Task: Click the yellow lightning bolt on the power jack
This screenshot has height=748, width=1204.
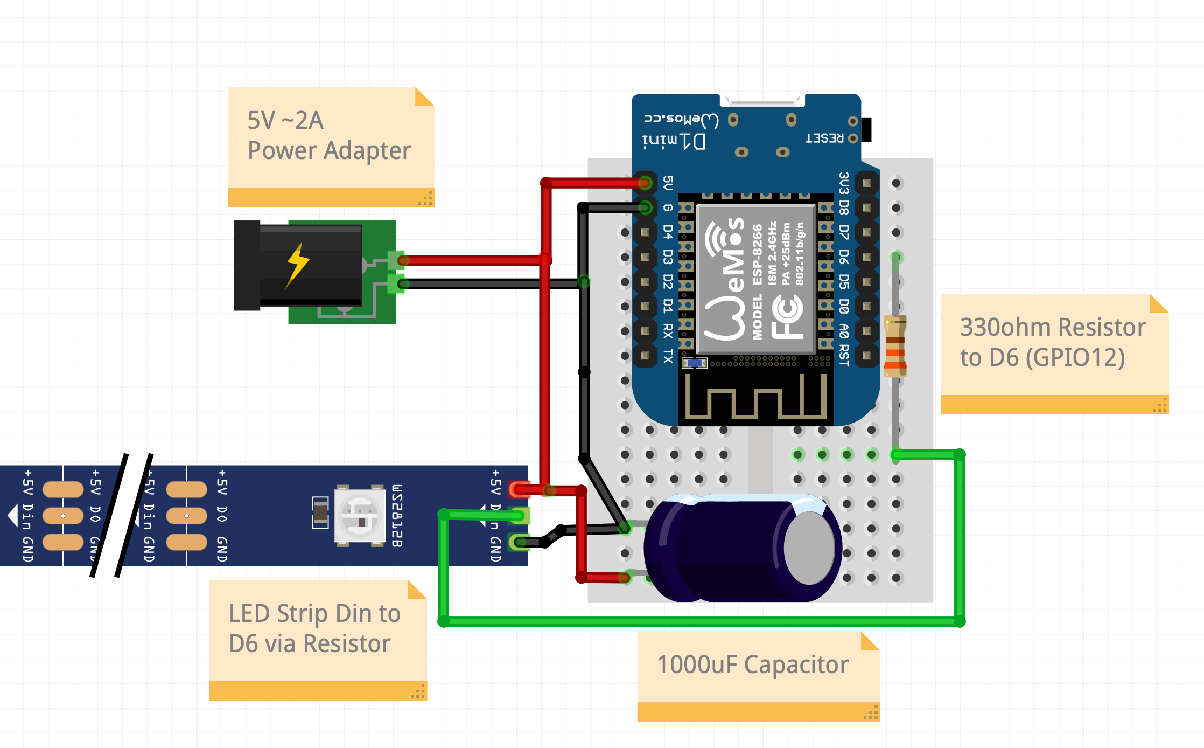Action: pos(297,264)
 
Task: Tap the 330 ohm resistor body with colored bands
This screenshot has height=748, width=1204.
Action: pos(895,345)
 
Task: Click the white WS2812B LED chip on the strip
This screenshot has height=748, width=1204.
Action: pos(359,516)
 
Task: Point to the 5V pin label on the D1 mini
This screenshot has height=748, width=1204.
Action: pos(668,183)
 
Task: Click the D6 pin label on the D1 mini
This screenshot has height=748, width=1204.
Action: pos(844,257)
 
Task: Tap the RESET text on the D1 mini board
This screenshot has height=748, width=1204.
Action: pos(824,138)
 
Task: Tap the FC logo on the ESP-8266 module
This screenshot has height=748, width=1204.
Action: pos(787,318)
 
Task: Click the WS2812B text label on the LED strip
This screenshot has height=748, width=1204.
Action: pos(397,516)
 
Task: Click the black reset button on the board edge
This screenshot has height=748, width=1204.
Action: pos(866,130)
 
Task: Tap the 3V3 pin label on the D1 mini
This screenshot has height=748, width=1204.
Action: pos(844,183)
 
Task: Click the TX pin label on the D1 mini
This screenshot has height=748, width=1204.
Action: pos(668,356)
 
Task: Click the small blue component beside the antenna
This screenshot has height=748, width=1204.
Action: pos(694,363)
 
